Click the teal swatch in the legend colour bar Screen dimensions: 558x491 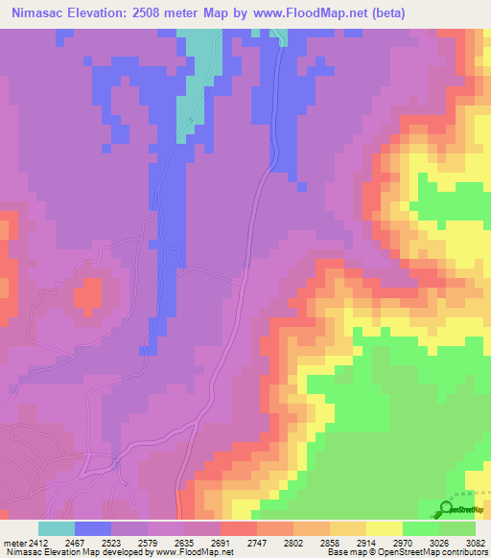(57, 528)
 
